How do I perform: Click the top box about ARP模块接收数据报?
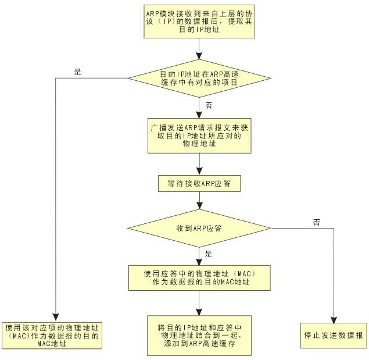[x=199, y=21]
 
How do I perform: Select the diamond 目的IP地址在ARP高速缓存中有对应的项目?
[x=199, y=78]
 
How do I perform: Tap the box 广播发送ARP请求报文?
[x=199, y=135]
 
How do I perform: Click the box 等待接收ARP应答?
[x=199, y=183]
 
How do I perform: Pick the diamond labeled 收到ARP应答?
[x=199, y=227]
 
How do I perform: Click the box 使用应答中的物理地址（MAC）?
[x=199, y=277]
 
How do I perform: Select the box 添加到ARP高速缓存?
[x=199, y=335]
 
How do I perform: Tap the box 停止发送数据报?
[x=334, y=336]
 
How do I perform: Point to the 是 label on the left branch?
[x=78, y=72]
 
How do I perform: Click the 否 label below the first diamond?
[x=209, y=106]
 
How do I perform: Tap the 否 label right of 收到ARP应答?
[x=317, y=222]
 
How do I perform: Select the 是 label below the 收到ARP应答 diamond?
[x=209, y=254]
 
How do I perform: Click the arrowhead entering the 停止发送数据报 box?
[x=334, y=318]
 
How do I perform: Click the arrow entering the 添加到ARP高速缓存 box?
[x=199, y=302]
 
